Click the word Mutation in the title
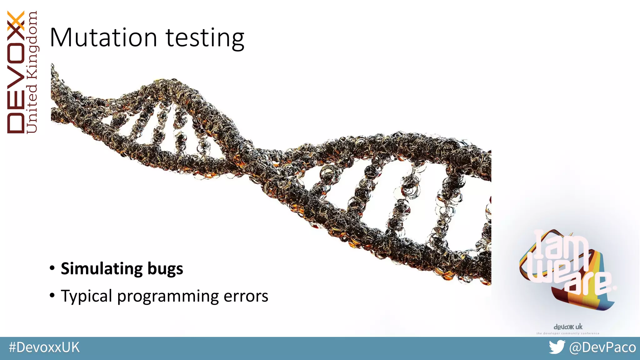103,38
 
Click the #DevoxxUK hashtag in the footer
44,347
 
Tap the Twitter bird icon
557,347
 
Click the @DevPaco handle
602,347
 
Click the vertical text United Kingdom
32,72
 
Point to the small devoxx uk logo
568,327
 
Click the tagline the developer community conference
568,333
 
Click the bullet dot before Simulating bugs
52,268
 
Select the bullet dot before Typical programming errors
52,295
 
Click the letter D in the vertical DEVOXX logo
16,123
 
